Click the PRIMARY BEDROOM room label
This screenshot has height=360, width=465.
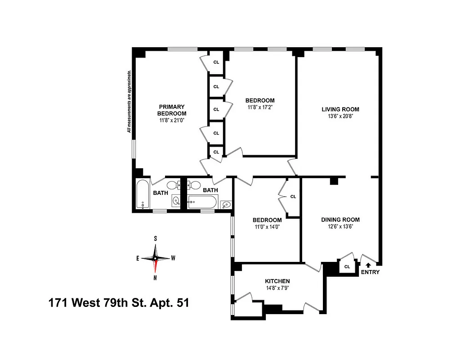coord(171,110)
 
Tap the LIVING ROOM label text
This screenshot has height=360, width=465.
coord(340,109)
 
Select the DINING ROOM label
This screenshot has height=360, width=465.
coord(340,220)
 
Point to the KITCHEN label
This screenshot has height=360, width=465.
coord(277,281)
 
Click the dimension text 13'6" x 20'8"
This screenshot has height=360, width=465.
coord(340,116)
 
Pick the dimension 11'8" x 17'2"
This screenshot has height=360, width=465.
coord(259,107)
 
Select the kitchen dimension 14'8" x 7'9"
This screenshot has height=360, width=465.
coord(277,288)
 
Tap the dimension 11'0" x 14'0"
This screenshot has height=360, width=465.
coord(267,227)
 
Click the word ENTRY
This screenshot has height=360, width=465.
coord(370,272)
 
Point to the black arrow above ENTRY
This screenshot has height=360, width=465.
coord(370,265)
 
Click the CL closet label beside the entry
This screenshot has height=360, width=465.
coord(347,266)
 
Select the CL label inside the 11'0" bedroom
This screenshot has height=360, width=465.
coord(293,197)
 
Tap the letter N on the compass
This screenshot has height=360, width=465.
coord(155,278)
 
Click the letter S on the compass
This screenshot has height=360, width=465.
coord(155,238)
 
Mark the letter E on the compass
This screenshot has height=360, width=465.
coord(138,258)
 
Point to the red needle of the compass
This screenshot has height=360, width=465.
coord(155,267)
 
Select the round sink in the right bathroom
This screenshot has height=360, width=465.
coord(227,205)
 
